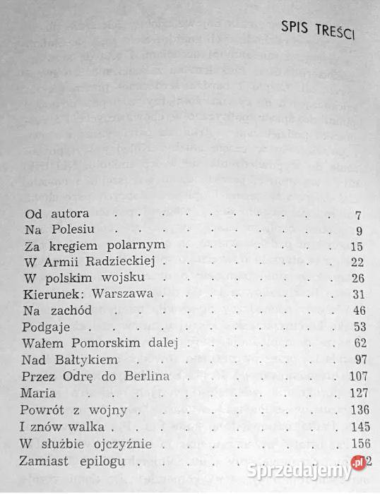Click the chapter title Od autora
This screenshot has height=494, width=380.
click(x=52, y=214)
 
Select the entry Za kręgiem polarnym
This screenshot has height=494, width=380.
click(x=94, y=246)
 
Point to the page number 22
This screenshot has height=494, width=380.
click(x=356, y=262)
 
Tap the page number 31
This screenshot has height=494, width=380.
click(x=357, y=294)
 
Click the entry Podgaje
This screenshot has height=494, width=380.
click(x=47, y=327)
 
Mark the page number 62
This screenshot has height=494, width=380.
click(x=356, y=344)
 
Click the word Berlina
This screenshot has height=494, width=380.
click(x=146, y=376)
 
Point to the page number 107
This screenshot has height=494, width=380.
click(x=353, y=376)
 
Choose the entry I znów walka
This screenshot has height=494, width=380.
click(x=63, y=426)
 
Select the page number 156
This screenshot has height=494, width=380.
click(x=353, y=443)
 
